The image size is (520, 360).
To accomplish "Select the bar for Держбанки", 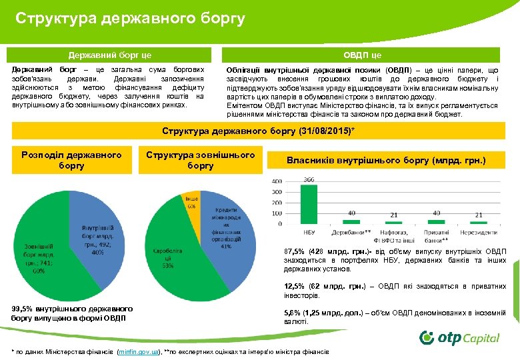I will click(x=351, y=221).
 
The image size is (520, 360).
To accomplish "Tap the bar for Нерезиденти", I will click(x=478, y=222).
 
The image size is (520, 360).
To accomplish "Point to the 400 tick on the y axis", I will click(x=276, y=181).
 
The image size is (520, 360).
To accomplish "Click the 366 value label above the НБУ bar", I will click(x=309, y=179).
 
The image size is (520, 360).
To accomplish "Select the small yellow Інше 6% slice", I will click(x=191, y=202).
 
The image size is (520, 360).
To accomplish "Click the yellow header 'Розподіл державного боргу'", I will click(x=72, y=159).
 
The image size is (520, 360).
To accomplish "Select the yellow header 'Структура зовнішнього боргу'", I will click(x=201, y=159).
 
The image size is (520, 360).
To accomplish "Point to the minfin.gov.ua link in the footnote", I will click(x=137, y=351).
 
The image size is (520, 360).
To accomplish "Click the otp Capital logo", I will click(x=459, y=337).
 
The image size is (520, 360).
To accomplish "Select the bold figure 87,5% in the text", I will click(x=295, y=251).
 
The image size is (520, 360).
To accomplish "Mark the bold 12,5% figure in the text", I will click(x=295, y=287).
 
